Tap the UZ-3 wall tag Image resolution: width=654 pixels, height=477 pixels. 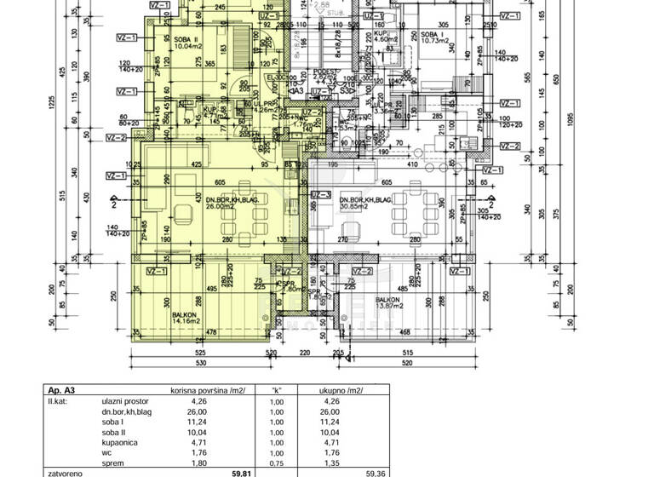click(321, 194)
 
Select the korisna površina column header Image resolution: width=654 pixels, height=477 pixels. click(208, 389)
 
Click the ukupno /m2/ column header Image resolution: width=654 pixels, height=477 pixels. click(341, 389)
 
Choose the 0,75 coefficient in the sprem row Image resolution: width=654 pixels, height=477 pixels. click(277, 465)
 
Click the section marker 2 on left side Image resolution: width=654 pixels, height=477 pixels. click(113, 204)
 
